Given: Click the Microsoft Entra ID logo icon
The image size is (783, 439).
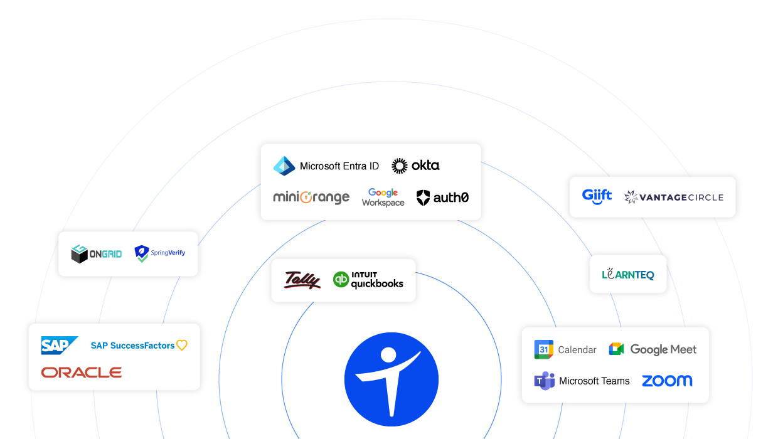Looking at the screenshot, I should [x=284, y=166].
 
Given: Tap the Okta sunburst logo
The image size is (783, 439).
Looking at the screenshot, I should [x=399, y=166].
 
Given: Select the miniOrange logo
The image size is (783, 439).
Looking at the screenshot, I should [x=311, y=198].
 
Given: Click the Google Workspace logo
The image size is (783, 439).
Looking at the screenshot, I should [x=383, y=198].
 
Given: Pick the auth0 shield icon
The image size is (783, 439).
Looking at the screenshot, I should [x=424, y=198].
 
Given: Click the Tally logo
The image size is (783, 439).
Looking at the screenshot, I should [x=302, y=280].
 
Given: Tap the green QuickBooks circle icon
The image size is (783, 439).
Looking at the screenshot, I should [x=341, y=280].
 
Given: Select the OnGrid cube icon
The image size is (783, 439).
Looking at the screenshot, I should [x=79, y=254].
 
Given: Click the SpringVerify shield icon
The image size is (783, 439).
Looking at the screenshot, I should [x=142, y=254].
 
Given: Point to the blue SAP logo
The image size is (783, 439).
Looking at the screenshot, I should [x=59, y=346].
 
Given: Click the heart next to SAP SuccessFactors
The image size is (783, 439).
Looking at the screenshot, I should [x=182, y=345].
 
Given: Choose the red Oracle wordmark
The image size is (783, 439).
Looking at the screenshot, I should [x=82, y=373].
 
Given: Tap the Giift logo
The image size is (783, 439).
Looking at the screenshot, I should [x=597, y=196].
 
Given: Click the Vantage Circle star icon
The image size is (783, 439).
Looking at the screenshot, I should [x=631, y=197].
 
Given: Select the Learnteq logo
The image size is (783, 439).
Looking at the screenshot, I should [x=628, y=274].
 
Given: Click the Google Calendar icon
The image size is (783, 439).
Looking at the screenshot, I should [x=543, y=349].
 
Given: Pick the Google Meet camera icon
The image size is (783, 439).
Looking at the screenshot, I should [x=616, y=349].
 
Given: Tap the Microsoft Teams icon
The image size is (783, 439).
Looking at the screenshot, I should [x=544, y=381].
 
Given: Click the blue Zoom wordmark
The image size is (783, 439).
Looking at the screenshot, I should [x=667, y=381].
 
